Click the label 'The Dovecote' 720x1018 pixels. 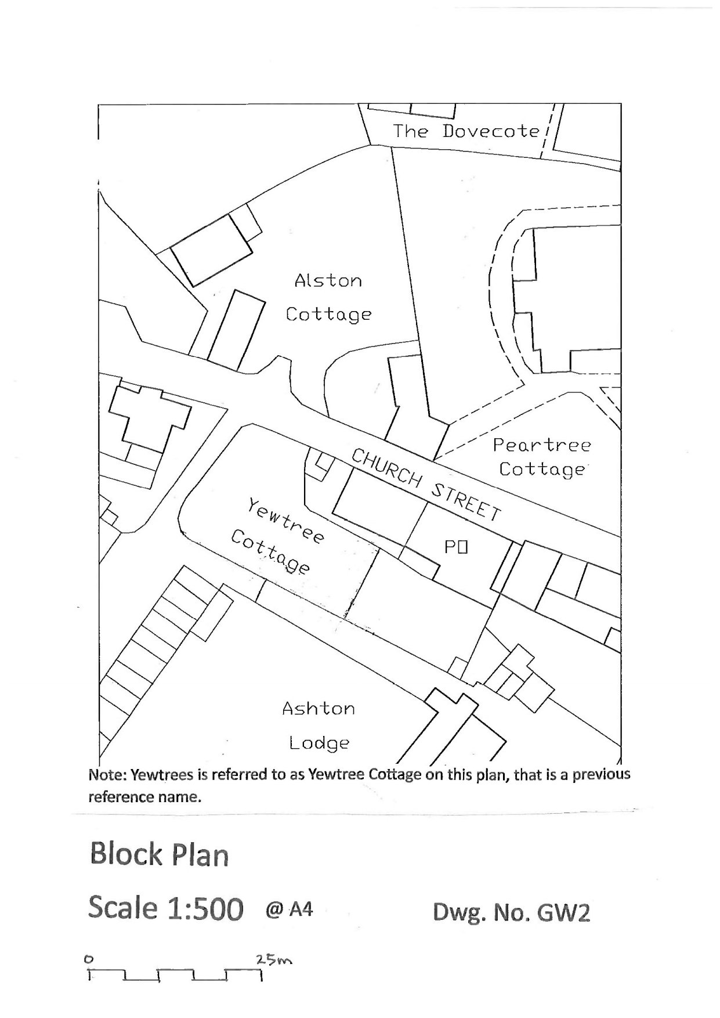click(466, 131)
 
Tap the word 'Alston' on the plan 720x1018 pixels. click(328, 281)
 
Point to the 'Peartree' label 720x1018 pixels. click(542, 445)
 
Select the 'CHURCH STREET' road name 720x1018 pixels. click(426, 485)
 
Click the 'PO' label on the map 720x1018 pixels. click(456, 547)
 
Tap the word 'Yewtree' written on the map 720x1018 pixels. click(285, 521)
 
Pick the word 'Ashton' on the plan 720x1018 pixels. click(319, 709)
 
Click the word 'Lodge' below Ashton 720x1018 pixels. click(319, 743)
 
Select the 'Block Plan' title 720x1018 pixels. click(159, 855)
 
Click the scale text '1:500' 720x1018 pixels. click(205, 909)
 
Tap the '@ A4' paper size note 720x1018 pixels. click(289, 908)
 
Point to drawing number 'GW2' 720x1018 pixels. click(564, 913)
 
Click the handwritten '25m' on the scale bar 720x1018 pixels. click(274, 961)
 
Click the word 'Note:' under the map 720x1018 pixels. click(107, 775)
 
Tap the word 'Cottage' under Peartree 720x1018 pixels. click(542, 470)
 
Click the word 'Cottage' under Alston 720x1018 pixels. click(328, 315)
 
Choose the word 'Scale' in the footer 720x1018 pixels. click(122, 908)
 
